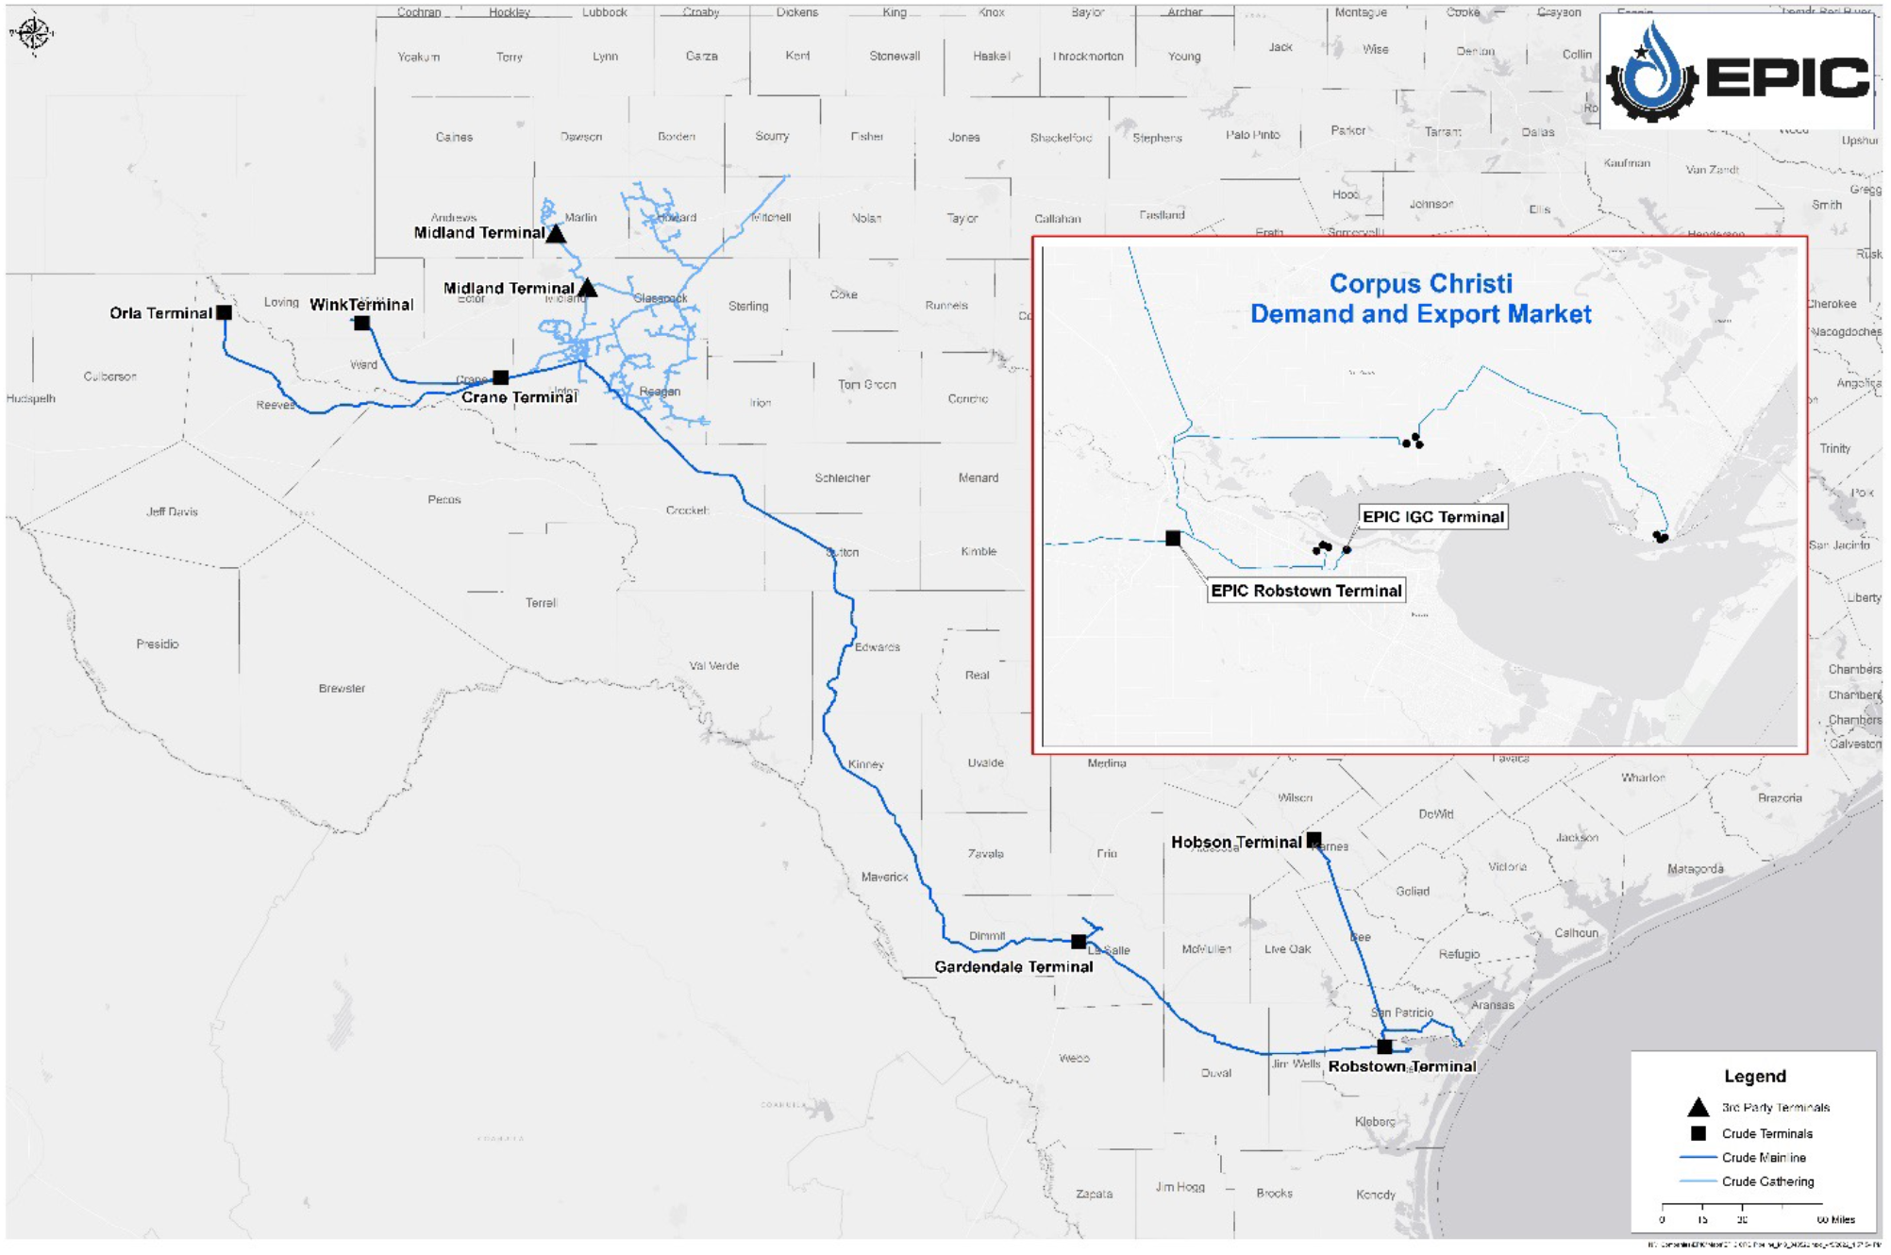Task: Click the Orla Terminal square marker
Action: [224, 312]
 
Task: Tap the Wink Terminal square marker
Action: [362, 323]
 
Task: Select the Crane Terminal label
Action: [519, 397]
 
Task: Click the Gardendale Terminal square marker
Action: [1079, 942]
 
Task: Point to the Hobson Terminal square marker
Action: [1314, 839]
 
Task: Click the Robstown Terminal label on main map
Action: [1402, 1066]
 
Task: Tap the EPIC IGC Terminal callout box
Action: [1432, 516]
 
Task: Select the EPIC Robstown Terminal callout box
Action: [1306, 591]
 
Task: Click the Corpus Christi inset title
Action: [1420, 298]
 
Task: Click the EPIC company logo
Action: [1737, 73]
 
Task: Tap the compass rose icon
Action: [31, 33]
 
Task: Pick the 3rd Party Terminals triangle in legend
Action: [1698, 1107]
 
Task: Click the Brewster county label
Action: [342, 689]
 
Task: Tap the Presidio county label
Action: [158, 644]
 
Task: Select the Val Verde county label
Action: [714, 666]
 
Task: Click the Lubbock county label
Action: [604, 12]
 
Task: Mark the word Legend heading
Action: [1754, 1077]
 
